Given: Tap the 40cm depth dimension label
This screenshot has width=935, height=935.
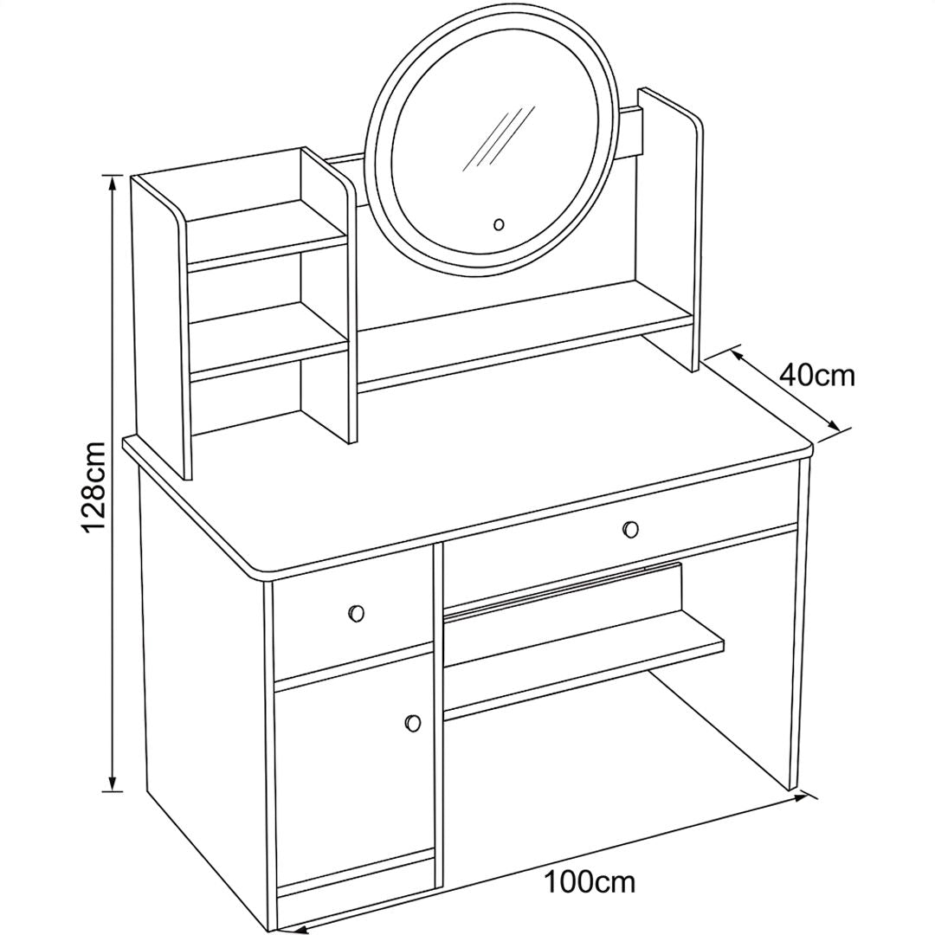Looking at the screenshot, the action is tap(817, 377).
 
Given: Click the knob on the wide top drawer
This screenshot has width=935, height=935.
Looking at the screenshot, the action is tap(630, 529).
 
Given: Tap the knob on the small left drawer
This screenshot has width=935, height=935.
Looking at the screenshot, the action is tap(356, 613).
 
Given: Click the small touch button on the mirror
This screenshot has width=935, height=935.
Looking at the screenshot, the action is tap(500, 225).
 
